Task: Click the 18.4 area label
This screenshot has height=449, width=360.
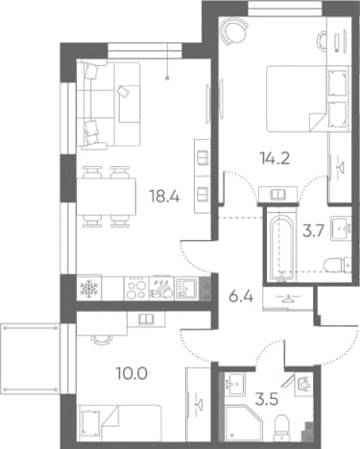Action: click(164, 197)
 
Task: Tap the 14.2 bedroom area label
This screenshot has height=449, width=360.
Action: click(276, 158)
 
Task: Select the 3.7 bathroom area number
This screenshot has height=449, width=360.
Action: click(314, 229)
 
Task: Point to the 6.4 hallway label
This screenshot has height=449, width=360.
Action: click(241, 297)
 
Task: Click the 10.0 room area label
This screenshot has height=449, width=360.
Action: click(132, 373)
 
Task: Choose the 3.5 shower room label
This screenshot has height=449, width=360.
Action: click(267, 399)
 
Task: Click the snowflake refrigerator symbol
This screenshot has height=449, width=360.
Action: click(89, 289)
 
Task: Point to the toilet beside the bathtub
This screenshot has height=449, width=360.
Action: click(337, 266)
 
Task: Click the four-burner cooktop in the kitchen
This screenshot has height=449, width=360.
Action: click(136, 289)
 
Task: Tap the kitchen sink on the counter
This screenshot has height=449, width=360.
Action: click(186, 289)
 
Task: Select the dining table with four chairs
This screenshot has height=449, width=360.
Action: click(107, 197)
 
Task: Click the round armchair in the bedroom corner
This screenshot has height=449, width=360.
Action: click(234, 31)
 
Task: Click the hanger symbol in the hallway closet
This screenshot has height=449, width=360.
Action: click(289, 298)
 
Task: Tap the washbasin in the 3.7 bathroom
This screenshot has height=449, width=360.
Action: click(341, 228)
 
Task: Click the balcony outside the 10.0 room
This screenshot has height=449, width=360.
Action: click(31, 359)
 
